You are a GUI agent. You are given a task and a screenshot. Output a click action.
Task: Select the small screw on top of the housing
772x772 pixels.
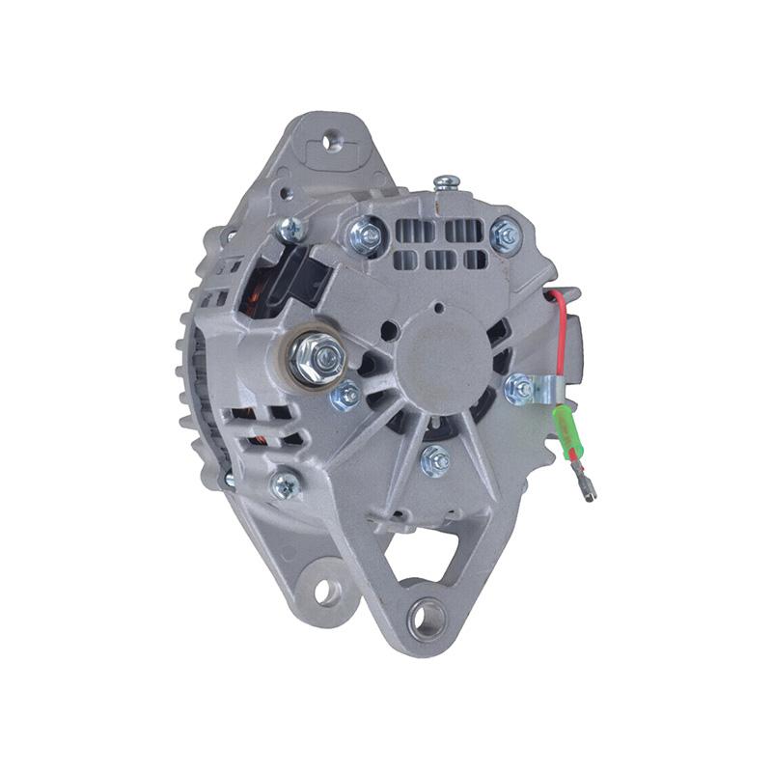point(446,181)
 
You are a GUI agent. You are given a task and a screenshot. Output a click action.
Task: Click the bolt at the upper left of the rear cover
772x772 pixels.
point(289,229)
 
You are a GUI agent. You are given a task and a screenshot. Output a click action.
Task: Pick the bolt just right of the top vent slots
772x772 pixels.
point(505,233)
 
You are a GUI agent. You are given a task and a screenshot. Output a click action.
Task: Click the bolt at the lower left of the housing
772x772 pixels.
point(285,485)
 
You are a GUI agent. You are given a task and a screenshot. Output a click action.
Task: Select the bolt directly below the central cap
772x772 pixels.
point(436,460)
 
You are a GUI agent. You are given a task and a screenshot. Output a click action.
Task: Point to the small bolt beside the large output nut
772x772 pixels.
point(345,394)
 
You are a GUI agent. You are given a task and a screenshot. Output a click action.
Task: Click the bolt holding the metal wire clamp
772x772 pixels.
point(520,388)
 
